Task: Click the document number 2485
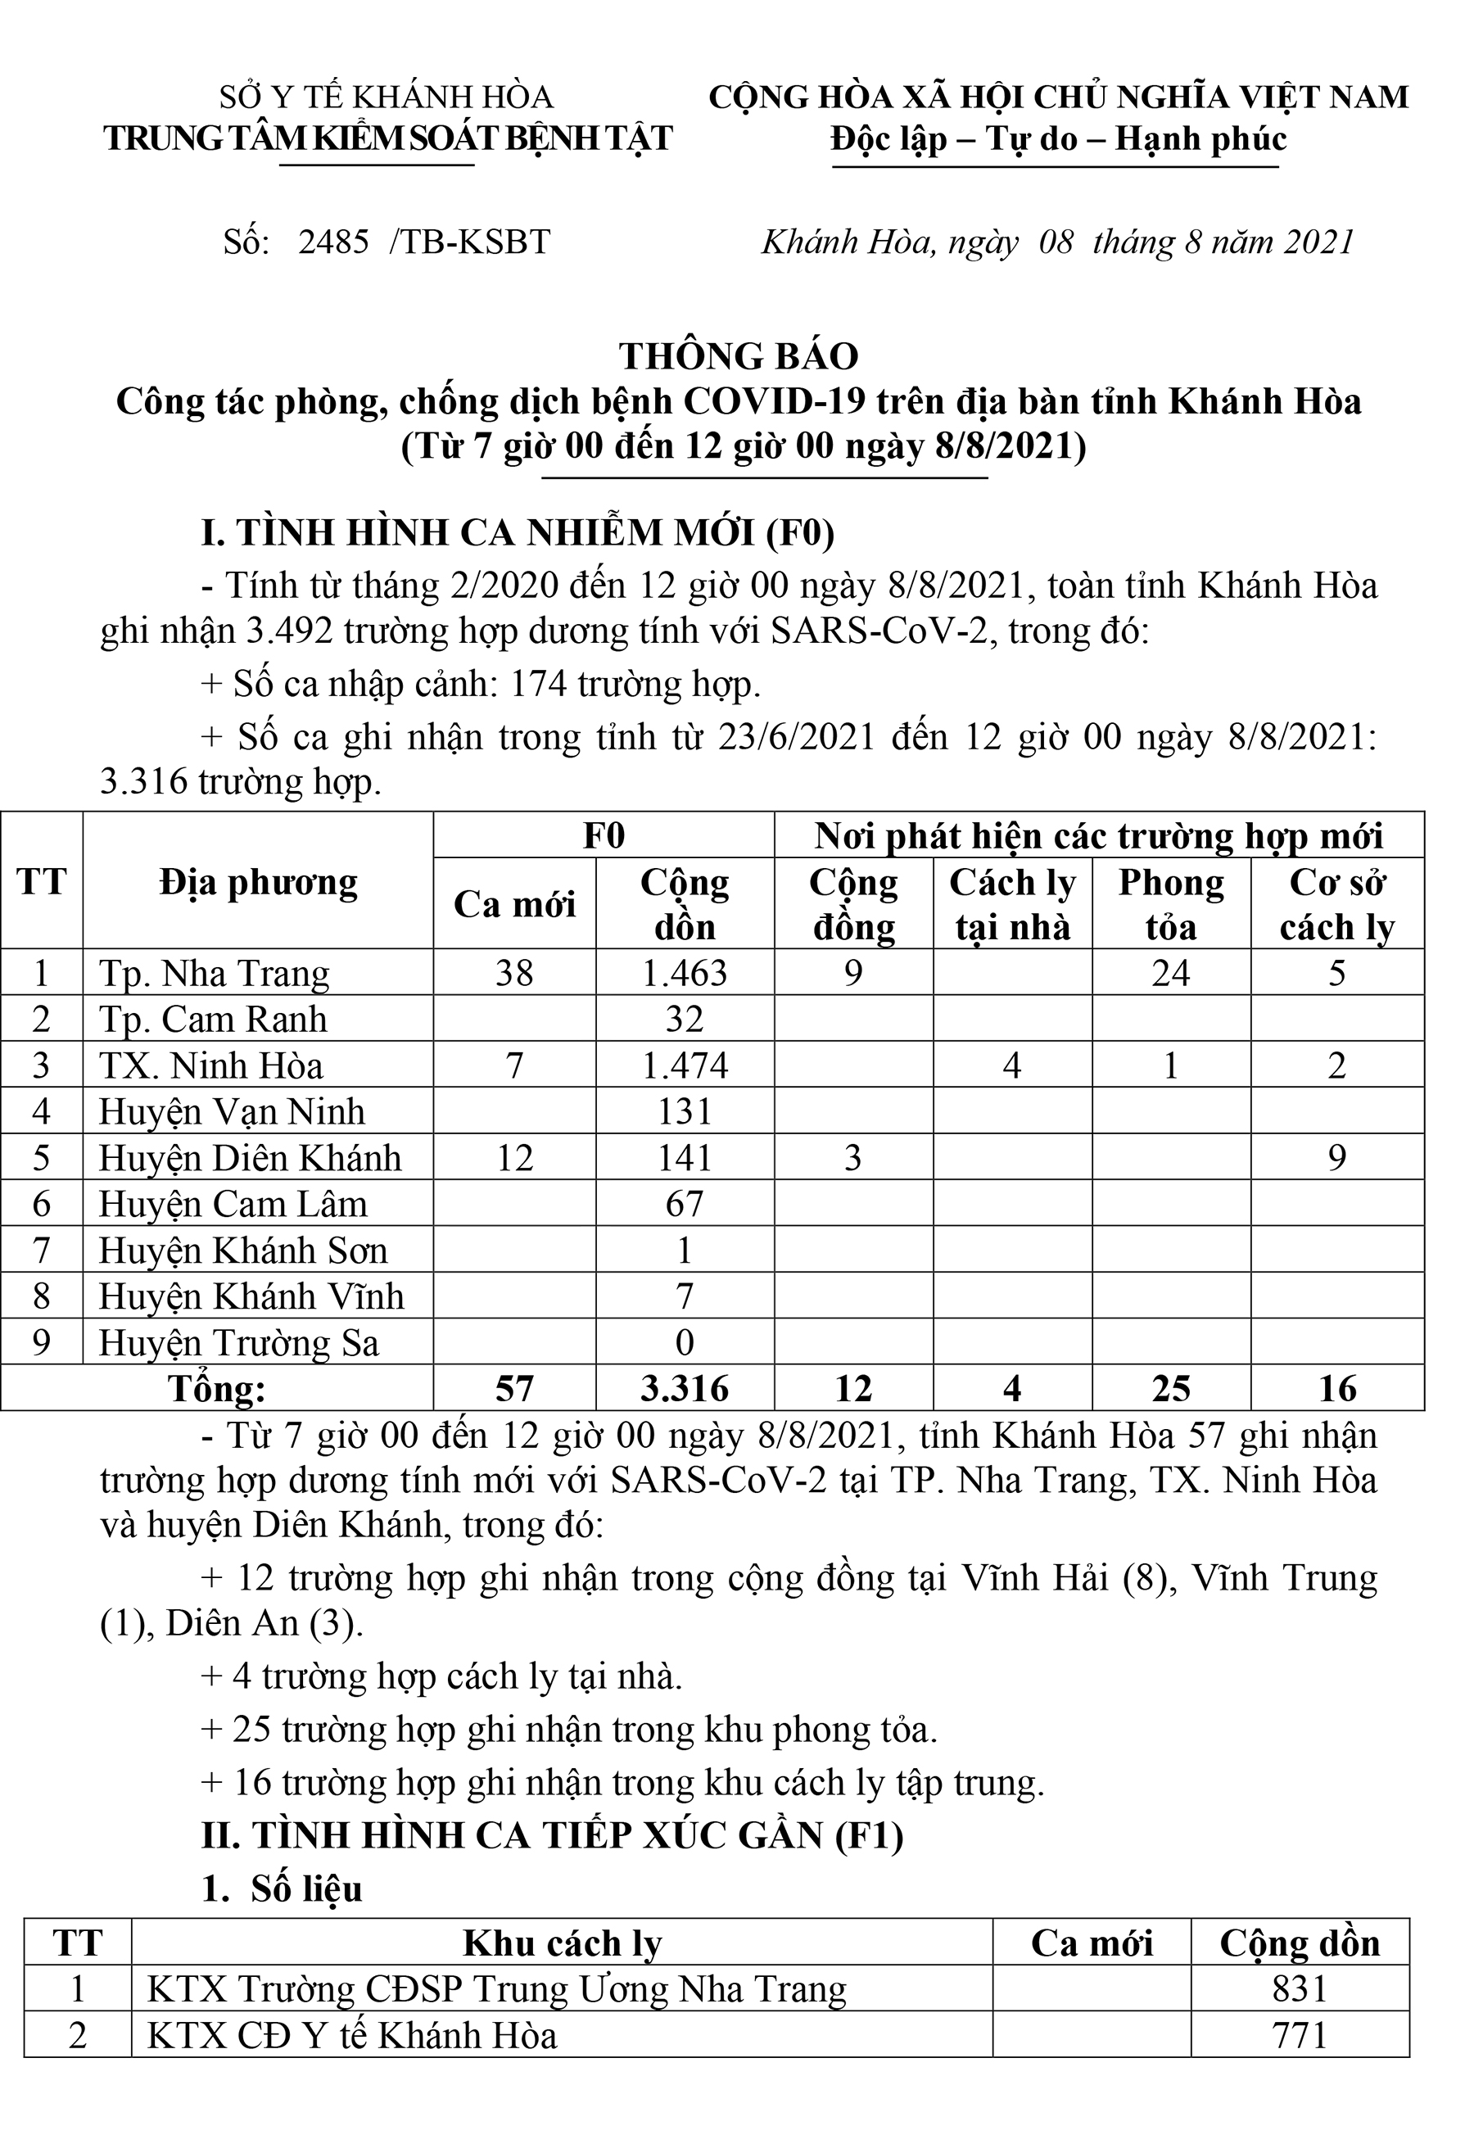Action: [x=333, y=242]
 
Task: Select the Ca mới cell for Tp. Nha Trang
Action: [x=514, y=974]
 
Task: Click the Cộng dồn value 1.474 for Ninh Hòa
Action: [x=685, y=1065]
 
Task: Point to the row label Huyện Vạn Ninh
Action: [x=232, y=1111]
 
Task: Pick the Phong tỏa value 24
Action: [x=1170, y=974]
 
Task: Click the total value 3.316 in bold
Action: [x=685, y=1389]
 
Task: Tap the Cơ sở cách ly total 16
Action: [x=1337, y=1389]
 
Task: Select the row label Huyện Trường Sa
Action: [x=239, y=1343]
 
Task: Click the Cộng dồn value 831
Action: [x=1300, y=1989]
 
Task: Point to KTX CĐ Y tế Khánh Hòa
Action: [x=352, y=2035]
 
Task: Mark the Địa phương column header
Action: [x=258, y=883]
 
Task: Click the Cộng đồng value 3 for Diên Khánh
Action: [x=853, y=1158]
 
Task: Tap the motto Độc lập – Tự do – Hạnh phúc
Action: [x=1058, y=139]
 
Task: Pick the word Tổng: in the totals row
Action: [x=217, y=1389]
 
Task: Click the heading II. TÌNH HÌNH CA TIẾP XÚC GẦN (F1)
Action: [x=552, y=1835]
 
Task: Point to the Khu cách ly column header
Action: [x=562, y=1943]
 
